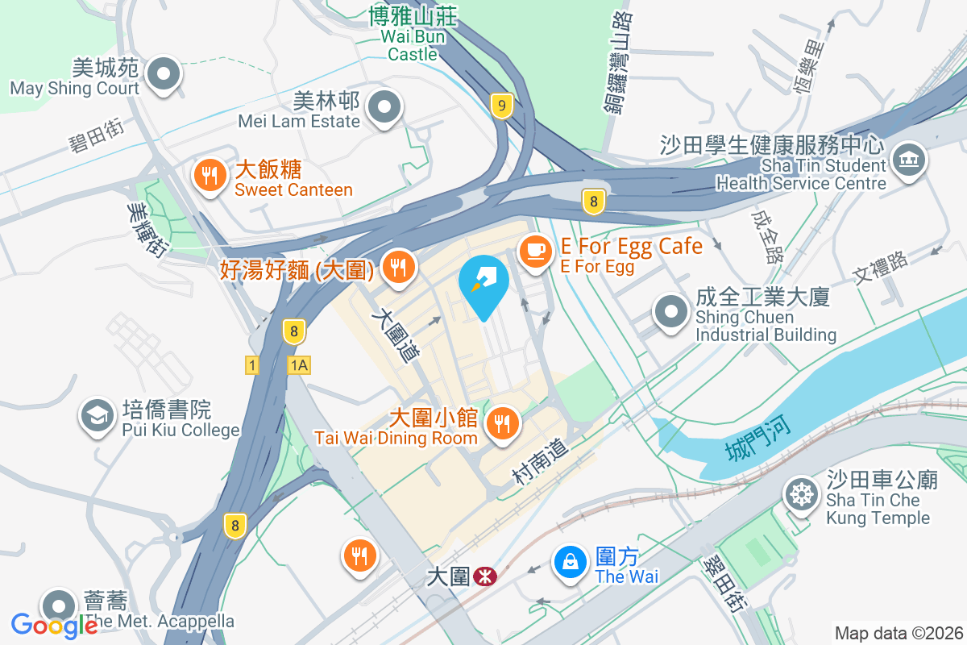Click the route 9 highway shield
[x=502, y=105]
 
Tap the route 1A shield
[x=299, y=365]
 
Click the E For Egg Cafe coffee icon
[x=533, y=252]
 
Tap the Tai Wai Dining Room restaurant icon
[x=502, y=422]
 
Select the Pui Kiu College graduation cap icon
[x=97, y=416]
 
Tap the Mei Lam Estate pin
[x=384, y=106]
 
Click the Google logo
[x=54, y=625]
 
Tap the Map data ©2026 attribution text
[x=898, y=634]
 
